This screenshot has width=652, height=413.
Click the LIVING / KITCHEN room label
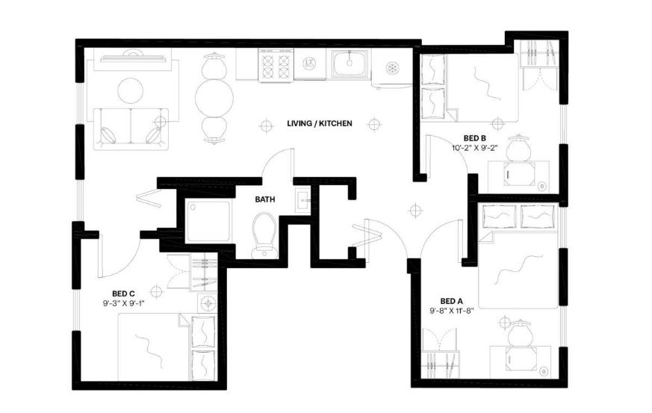(320, 123)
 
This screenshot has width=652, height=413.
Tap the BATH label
(265, 199)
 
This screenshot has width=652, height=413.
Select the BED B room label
(475, 138)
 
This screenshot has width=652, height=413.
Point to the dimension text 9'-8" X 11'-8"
(452, 310)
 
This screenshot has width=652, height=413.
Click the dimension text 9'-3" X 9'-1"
(123, 304)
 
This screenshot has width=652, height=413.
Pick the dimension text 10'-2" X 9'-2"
(475, 147)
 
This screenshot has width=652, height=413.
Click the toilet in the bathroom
(264, 235)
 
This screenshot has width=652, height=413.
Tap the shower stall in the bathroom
(208, 220)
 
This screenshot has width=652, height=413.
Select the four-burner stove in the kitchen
(276, 64)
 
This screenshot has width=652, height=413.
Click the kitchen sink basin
(350, 63)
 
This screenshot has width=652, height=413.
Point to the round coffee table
(131, 90)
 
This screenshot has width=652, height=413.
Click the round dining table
(214, 98)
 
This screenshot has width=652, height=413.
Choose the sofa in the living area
(131, 129)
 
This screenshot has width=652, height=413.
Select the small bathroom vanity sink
(302, 200)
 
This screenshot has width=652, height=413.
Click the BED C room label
(123, 294)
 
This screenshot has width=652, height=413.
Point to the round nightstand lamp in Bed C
(207, 303)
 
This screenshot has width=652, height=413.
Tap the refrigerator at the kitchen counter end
(391, 69)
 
